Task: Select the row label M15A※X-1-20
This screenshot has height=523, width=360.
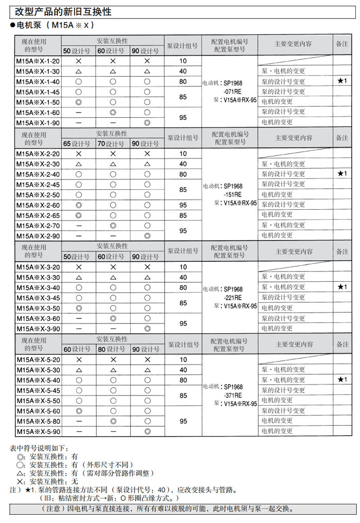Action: (x=38, y=61)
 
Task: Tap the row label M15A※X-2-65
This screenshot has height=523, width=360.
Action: (x=38, y=215)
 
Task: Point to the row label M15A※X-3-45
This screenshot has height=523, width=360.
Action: (x=38, y=298)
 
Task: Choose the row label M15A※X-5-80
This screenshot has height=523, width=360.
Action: (x=38, y=421)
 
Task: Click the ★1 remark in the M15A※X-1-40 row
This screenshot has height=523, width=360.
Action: (x=342, y=81)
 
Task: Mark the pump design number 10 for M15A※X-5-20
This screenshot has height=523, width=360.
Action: (x=183, y=359)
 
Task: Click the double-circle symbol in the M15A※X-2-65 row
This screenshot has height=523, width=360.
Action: (x=79, y=215)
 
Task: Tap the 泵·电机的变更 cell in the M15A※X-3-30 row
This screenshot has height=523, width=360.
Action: (x=283, y=277)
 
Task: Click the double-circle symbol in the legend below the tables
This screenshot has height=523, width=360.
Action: (x=21, y=456)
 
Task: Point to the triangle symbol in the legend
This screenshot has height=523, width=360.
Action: (x=21, y=473)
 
